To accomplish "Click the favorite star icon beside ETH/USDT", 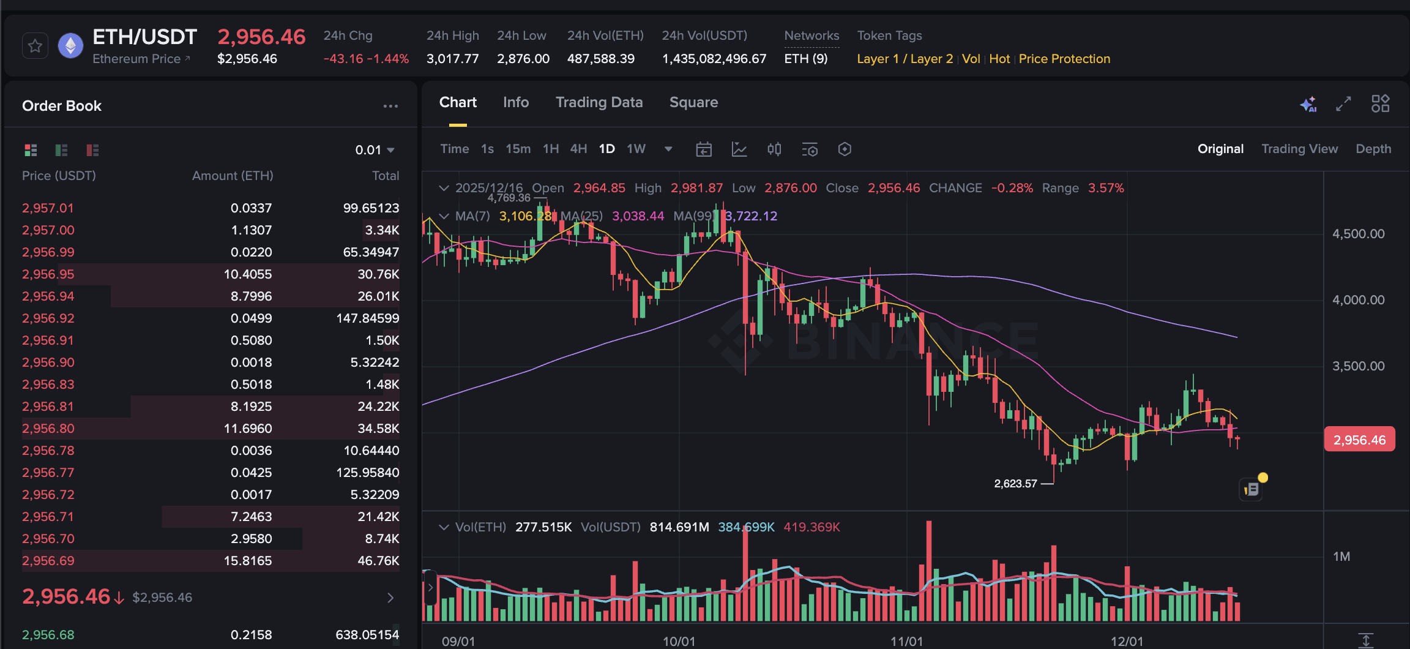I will (x=35, y=46).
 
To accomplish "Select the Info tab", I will (x=515, y=102).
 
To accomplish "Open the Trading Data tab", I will (x=599, y=102).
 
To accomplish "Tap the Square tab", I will (x=693, y=102).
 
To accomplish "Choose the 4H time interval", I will (x=578, y=149).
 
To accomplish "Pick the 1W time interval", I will (x=636, y=149).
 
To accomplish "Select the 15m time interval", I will (x=518, y=149).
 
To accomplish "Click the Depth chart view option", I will (x=1373, y=149).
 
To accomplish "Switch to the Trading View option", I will (x=1299, y=149).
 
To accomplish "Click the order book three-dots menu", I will (x=390, y=106).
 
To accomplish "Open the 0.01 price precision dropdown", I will (x=375, y=150).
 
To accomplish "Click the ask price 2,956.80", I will (x=48, y=429).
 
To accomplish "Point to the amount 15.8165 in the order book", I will (x=247, y=561).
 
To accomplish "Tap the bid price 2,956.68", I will (x=48, y=635).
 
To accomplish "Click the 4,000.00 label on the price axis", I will (x=1358, y=300).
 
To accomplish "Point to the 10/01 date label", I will (x=679, y=641).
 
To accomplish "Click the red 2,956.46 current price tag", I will (x=1359, y=440).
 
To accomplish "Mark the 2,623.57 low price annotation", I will (x=1015, y=484).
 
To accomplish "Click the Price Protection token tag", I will (x=1064, y=59).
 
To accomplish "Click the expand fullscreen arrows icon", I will (x=1343, y=104).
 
